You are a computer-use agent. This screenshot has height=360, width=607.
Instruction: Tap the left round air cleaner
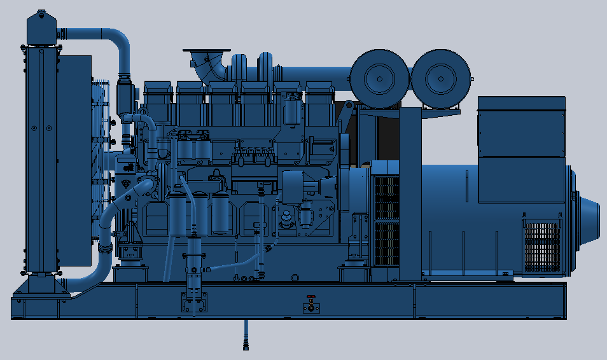[x=379, y=76]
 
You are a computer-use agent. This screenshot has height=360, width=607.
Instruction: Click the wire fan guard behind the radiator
[x=102, y=140]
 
